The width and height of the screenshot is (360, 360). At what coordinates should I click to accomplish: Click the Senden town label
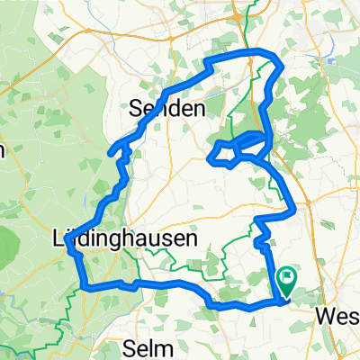[x=168, y=108]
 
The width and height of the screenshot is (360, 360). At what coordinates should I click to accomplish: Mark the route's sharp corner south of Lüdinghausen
[x=84, y=287]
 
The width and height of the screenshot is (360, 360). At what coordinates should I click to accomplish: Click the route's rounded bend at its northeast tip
[x=279, y=65]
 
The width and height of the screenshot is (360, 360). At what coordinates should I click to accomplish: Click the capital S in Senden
[x=138, y=108]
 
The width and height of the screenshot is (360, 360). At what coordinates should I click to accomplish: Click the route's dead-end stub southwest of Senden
[x=111, y=155]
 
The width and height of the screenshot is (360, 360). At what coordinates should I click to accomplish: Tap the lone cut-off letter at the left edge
[x=3, y=149]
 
